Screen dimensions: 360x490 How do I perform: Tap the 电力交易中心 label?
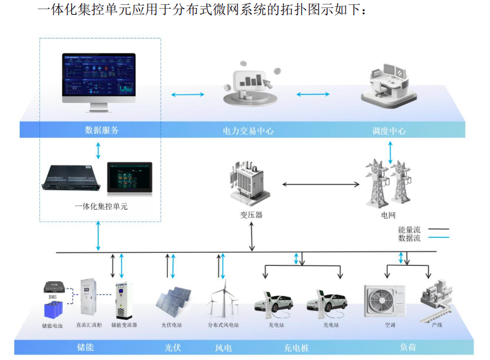point(248,130)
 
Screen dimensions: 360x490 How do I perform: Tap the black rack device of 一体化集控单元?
point(72,178)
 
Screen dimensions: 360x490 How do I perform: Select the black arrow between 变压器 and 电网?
point(320,184)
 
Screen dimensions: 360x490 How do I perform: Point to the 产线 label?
point(438,324)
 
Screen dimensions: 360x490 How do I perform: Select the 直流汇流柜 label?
point(89,324)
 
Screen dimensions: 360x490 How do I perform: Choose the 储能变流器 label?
point(124,324)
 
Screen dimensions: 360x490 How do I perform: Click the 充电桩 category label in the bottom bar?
point(296,348)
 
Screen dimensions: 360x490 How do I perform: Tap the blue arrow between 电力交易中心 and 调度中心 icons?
point(314,94)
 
